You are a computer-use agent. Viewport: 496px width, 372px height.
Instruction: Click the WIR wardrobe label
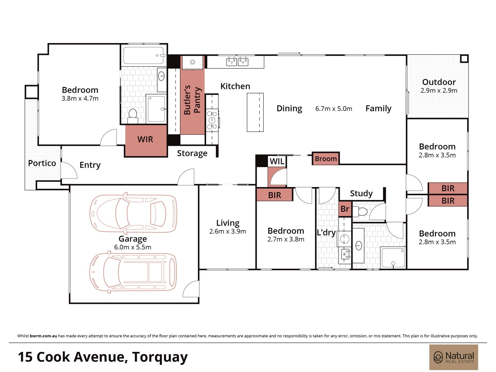tap(145, 139)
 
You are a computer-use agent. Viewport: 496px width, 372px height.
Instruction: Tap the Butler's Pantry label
tap(192, 100)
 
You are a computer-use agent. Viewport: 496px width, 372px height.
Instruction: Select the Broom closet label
tap(326, 159)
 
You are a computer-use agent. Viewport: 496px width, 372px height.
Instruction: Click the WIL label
tap(277, 161)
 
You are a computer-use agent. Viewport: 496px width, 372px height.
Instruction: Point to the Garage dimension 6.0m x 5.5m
tap(133, 247)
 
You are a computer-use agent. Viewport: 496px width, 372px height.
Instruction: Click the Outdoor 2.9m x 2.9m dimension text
tap(439, 91)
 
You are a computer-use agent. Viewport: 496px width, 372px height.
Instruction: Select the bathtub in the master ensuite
tap(144, 56)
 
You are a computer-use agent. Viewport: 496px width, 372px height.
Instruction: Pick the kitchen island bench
tap(255, 112)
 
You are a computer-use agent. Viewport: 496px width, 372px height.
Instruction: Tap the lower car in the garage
tap(133, 272)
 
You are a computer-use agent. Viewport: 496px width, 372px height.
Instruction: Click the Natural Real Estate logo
tap(454, 357)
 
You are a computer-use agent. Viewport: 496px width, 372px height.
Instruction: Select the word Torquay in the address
tap(160, 358)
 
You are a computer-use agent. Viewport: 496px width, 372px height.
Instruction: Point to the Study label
tap(361, 193)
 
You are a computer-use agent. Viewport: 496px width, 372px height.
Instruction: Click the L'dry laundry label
tap(326, 233)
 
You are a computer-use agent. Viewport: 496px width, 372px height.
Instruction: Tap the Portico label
tap(42, 163)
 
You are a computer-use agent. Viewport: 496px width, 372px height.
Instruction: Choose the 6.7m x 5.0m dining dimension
tap(334, 109)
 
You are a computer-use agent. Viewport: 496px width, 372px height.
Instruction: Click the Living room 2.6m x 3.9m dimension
tap(228, 231)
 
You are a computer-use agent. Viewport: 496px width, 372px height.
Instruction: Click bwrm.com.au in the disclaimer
tap(43, 336)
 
